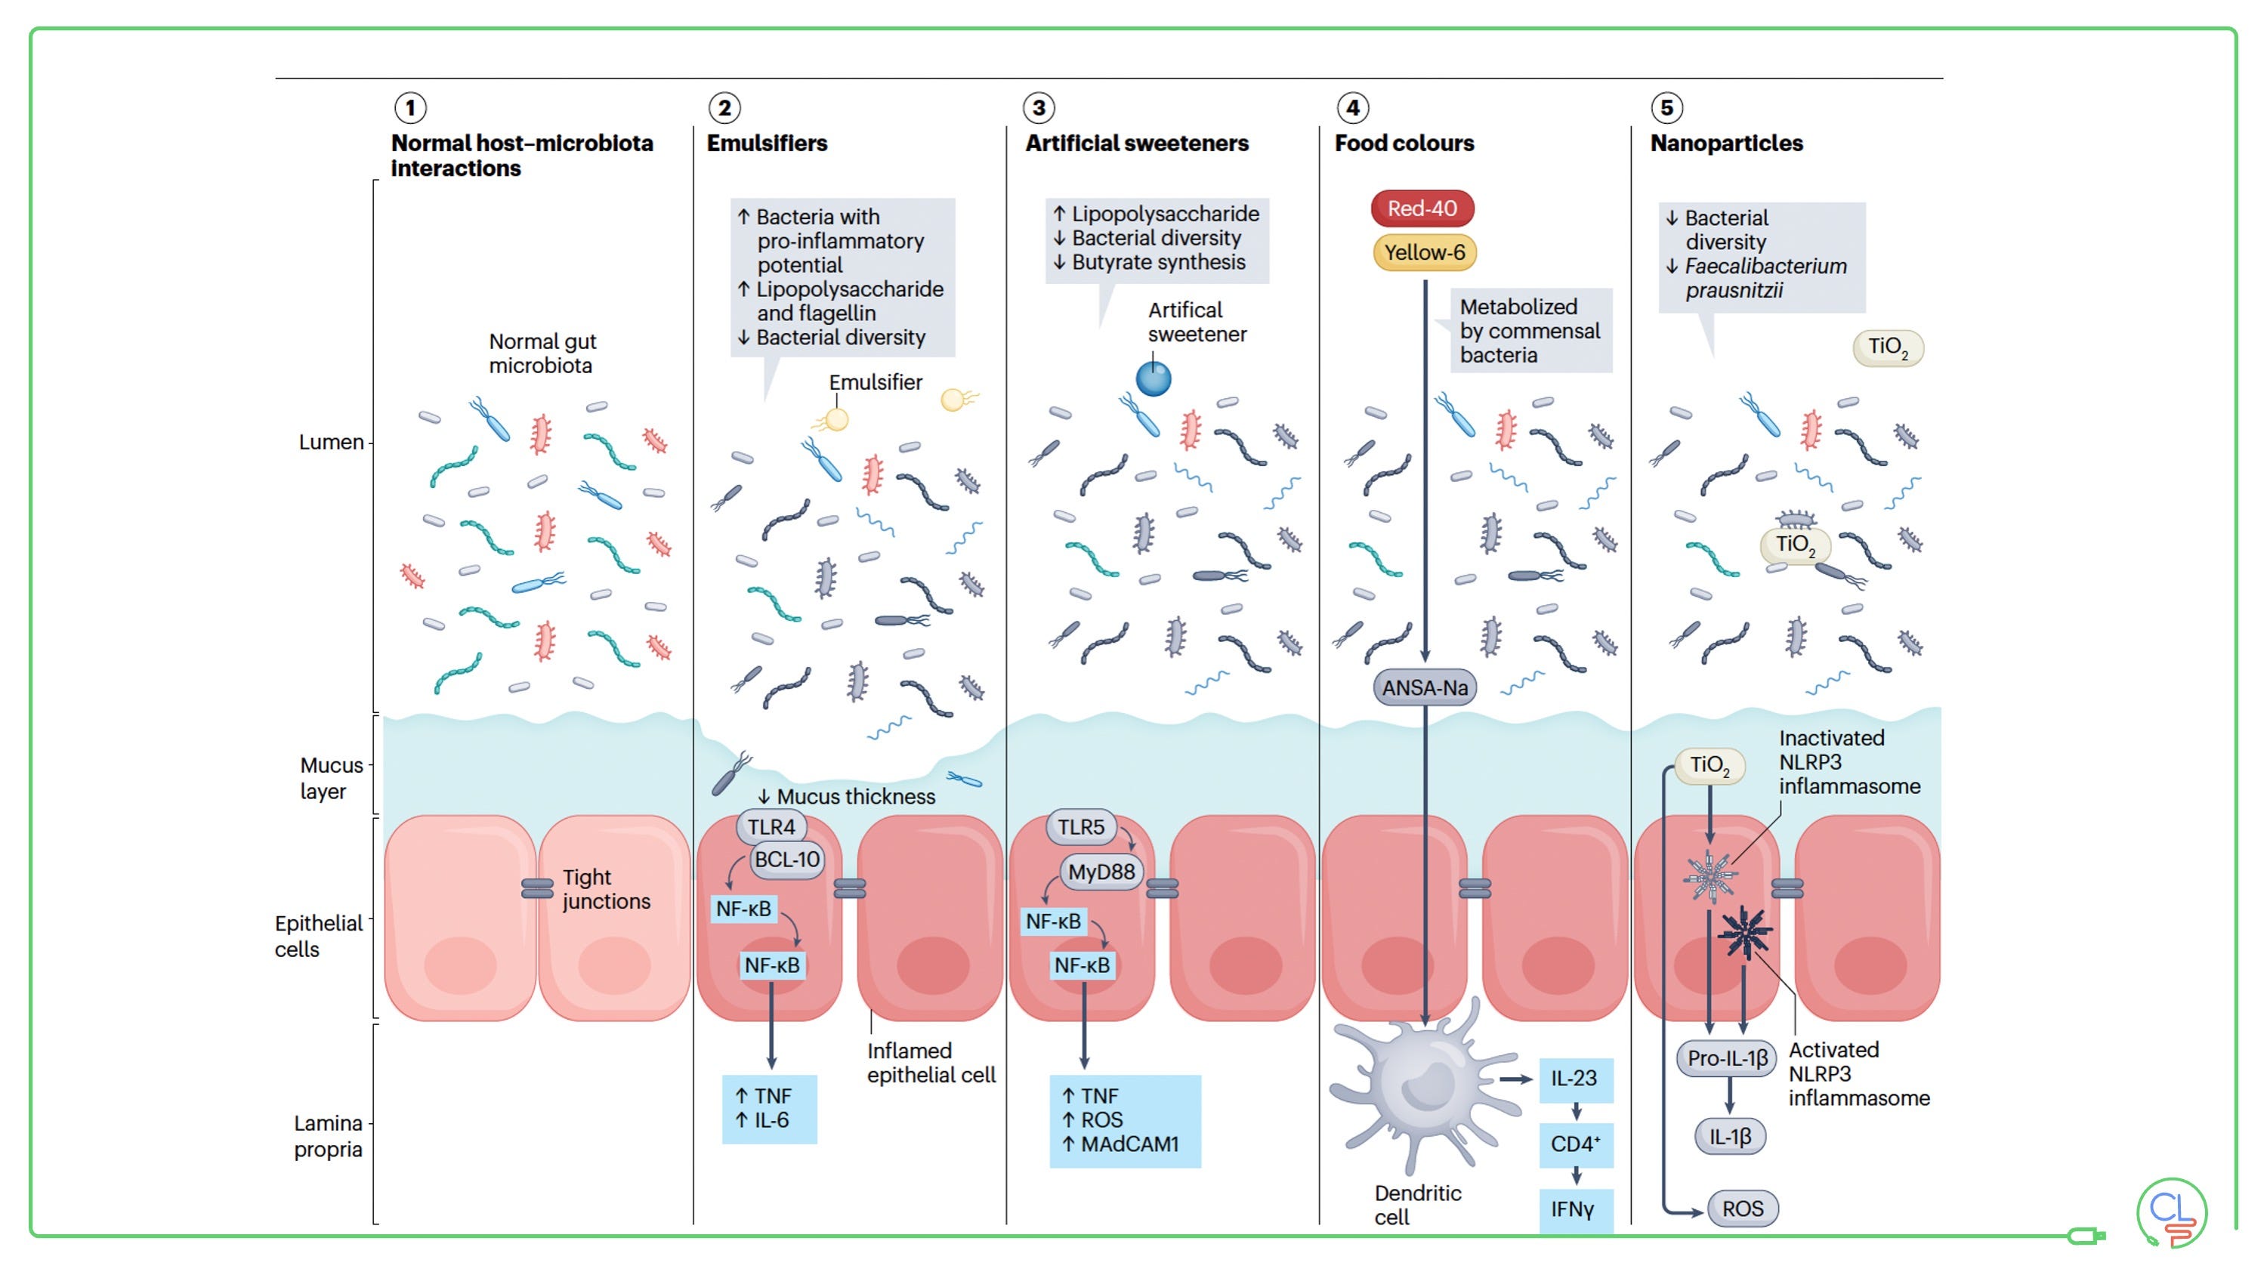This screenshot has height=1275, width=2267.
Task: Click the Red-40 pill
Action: [x=1422, y=208]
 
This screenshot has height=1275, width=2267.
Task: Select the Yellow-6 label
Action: [x=1424, y=252]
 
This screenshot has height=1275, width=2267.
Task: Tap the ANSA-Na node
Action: [x=1425, y=687]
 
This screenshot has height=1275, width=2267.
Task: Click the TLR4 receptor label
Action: [x=771, y=827]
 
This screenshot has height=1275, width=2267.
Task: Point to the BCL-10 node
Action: [x=786, y=860]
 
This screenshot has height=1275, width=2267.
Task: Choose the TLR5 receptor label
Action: [x=1081, y=827]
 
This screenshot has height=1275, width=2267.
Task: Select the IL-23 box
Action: [x=1575, y=1079]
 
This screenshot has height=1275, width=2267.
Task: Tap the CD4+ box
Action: [x=1575, y=1144]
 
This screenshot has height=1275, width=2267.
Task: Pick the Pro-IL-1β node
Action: [x=1728, y=1058]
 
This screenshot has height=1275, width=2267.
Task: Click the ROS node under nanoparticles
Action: [x=1743, y=1209]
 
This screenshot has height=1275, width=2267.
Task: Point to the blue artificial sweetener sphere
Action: [x=1153, y=379]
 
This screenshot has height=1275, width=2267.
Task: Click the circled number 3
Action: [x=1039, y=108]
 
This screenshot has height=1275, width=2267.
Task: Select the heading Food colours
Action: [x=1404, y=144]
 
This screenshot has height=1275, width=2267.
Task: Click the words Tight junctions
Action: [x=607, y=890]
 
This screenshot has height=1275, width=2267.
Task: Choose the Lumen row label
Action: [x=331, y=443]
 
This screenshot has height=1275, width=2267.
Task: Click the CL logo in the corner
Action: [x=2171, y=1212]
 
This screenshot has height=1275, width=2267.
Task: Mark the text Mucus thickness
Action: [x=855, y=797]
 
